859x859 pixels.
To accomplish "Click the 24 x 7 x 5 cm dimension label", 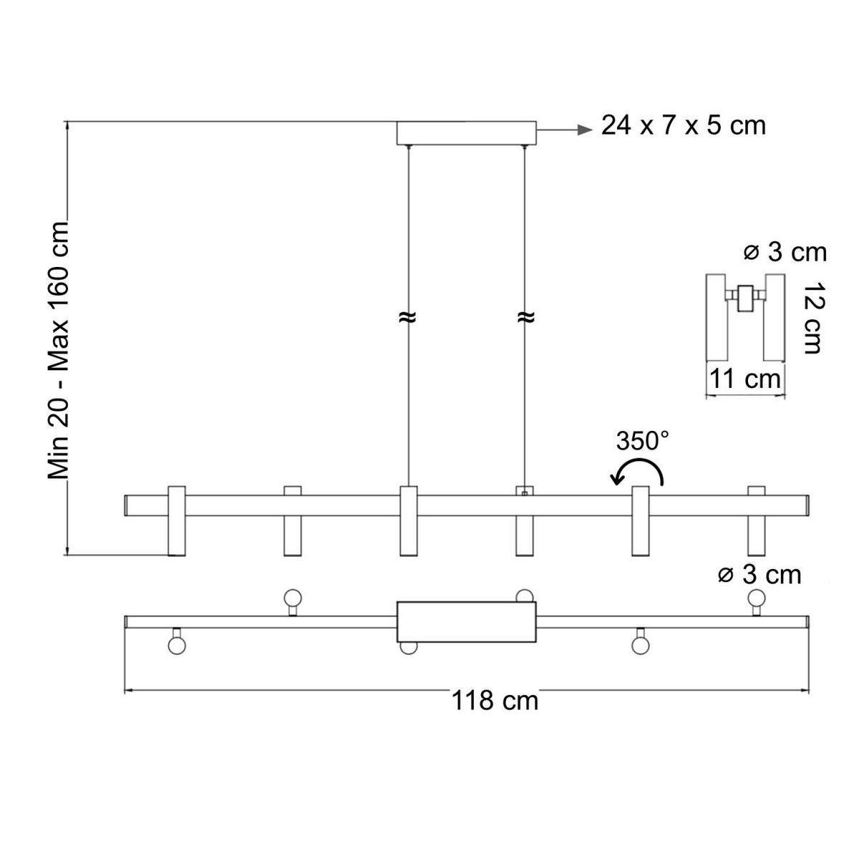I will tap(683, 125).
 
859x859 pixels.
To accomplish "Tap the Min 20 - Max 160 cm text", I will tap(58, 350).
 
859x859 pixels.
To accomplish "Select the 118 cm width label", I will tap(495, 699).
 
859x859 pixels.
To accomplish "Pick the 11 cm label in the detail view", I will tap(744, 378).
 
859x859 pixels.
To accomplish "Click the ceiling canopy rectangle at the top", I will tap(466, 133).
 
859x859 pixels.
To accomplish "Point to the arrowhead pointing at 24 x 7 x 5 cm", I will tap(586, 130).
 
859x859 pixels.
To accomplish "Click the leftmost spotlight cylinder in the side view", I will tap(176, 521).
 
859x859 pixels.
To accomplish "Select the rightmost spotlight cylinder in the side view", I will tap(756, 521).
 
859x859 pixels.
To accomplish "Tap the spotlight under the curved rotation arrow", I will tap(640, 521).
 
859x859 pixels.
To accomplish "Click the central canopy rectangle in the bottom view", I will tap(466, 621).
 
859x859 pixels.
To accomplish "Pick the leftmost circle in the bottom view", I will tap(176, 644).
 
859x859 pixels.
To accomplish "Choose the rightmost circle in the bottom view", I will tap(756, 597).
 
